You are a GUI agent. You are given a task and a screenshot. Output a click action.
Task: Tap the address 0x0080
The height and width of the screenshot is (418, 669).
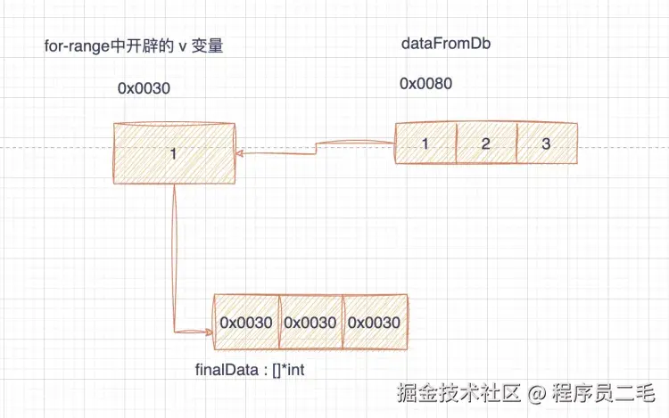(x=425, y=85)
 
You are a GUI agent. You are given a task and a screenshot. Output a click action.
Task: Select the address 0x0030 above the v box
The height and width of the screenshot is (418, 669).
(x=144, y=89)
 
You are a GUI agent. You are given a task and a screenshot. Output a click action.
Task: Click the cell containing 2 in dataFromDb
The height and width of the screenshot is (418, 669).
(x=486, y=143)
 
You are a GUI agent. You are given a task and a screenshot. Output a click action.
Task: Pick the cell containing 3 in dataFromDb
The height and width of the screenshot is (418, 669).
(x=545, y=143)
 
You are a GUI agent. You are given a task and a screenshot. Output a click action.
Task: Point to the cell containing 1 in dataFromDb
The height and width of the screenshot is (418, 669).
(x=426, y=143)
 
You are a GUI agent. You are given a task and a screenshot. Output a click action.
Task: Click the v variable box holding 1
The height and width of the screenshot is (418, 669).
(x=174, y=154)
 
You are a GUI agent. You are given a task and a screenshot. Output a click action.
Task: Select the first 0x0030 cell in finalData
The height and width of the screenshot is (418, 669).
(x=246, y=323)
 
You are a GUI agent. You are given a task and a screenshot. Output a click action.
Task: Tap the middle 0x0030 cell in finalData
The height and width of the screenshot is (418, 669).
(x=310, y=323)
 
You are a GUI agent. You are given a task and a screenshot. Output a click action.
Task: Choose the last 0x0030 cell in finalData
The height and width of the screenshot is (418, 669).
(x=374, y=323)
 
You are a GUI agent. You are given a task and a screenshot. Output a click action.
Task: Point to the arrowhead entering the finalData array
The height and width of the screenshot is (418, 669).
(x=208, y=332)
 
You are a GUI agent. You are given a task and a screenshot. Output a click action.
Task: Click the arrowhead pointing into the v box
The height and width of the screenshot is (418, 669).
(x=241, y=154)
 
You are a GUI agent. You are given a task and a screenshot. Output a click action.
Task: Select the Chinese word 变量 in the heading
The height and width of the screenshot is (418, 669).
(x=206, y=46)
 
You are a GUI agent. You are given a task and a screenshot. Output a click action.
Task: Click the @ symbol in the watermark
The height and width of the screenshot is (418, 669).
(x=536, y=390)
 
